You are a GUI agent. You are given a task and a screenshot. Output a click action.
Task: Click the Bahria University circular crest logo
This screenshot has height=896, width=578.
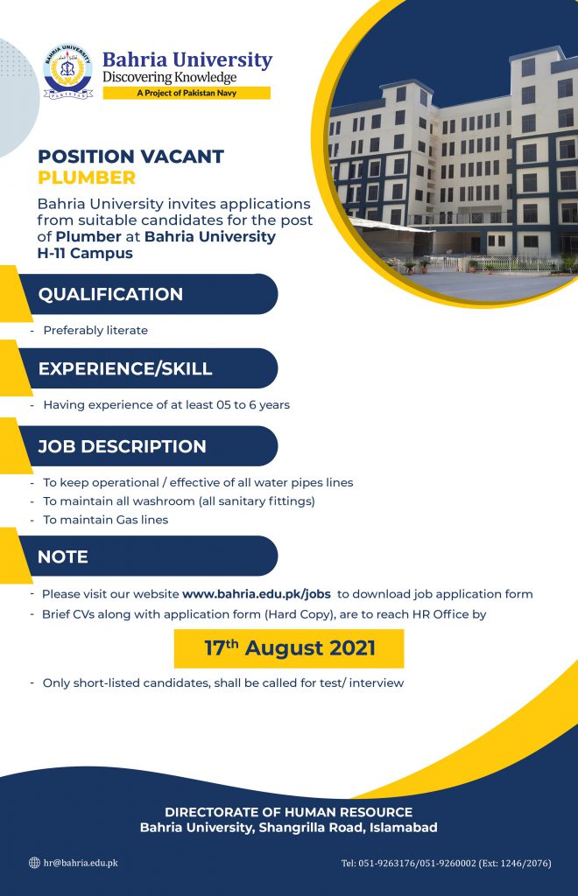coord(67,72)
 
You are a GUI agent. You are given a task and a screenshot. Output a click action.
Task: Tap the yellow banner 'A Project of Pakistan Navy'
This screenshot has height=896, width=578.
coord(187,93)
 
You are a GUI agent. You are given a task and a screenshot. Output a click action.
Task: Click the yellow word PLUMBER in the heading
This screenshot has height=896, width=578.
coord(87,178)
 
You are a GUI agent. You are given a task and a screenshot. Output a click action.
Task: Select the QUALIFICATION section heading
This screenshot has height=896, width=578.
coord(110,294)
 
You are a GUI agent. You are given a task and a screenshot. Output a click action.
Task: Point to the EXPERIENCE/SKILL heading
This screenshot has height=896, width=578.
coord(125,368)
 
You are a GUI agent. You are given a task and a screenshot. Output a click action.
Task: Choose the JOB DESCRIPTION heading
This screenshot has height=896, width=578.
coord(122,446)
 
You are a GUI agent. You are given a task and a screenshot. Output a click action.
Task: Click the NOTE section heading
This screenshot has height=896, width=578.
coord(63,556)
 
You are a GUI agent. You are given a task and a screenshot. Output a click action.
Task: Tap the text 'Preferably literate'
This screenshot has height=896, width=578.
coord(95,330)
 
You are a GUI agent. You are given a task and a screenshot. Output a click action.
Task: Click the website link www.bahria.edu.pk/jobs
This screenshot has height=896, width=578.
coord(256,594)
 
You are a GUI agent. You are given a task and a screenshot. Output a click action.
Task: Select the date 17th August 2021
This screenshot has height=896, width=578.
coord(290,648)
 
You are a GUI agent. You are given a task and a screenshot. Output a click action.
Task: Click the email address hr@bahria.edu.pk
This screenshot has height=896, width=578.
coord(81,863)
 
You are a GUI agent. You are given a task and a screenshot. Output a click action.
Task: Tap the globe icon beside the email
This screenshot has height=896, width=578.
coord(34,863)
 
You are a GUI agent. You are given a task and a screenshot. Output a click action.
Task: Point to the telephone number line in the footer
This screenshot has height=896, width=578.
coord(446,863)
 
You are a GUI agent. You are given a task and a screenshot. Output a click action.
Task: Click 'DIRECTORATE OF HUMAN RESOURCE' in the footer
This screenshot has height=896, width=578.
coord(289,812)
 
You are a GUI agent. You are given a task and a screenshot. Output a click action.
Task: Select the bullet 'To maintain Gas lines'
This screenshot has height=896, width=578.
coord(106,520)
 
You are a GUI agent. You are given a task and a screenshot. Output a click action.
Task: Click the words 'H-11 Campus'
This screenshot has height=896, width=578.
coord(85,253)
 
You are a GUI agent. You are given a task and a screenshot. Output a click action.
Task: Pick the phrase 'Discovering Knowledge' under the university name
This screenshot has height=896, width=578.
coord(169,77)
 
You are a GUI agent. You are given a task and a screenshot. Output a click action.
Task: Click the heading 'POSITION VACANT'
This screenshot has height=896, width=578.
coord(130,157)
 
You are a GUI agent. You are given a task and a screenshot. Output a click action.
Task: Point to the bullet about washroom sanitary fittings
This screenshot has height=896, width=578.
coord(179,501)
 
